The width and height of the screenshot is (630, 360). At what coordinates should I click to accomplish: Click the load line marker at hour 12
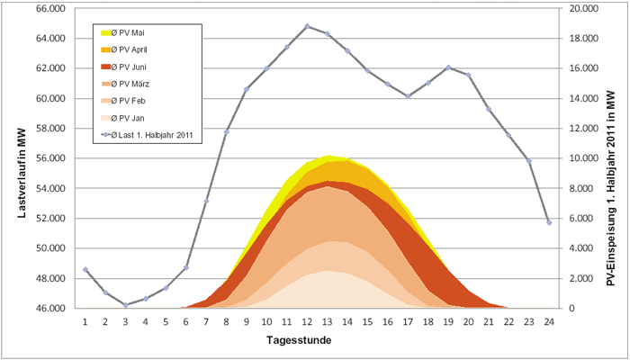point(307,26)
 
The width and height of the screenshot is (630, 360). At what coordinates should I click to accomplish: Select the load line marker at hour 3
point(125,305)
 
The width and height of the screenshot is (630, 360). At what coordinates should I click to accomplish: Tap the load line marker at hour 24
point(549,222)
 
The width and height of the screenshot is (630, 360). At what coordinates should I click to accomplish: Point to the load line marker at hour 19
point(448,67)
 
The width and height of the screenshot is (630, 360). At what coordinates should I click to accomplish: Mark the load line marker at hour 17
point(408,96)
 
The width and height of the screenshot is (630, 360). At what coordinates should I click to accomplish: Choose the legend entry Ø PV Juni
point(131,67)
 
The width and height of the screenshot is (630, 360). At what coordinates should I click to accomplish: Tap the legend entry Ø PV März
point(132,84)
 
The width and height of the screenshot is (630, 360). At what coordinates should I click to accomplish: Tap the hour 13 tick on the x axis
point(328,319)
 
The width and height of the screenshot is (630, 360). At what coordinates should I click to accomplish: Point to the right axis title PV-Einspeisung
point(612,157)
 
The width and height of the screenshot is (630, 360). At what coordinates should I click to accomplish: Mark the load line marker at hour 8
point(226,132)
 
